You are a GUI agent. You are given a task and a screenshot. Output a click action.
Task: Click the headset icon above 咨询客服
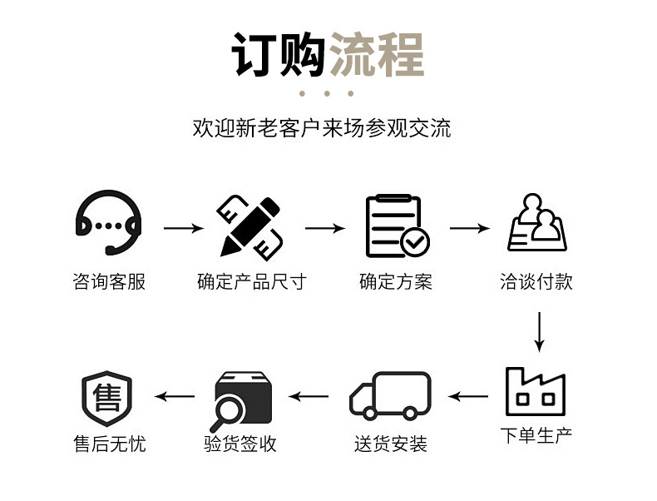pos(108,224)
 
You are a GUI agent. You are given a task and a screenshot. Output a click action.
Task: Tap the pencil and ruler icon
pos(250,226)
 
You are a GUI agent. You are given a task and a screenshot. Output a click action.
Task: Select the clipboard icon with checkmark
pos(398,226)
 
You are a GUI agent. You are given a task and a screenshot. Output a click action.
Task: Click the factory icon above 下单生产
pos(536,392)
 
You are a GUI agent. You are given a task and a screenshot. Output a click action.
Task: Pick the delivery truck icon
pos(390,396)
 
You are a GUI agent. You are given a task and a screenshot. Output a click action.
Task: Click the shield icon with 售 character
pos(107,397)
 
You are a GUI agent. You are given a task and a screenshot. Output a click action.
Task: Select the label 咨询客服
pos(109,281)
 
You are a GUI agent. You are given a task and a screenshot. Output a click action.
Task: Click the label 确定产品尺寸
pos(251,281)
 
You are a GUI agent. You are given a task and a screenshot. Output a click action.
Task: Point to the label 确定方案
pos(396,281)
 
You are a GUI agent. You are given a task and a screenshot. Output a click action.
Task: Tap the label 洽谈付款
pos(536,281)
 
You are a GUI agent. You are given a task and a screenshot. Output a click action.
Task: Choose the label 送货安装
pos(390,444)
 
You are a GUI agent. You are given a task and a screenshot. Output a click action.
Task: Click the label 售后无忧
pos(109,444)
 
